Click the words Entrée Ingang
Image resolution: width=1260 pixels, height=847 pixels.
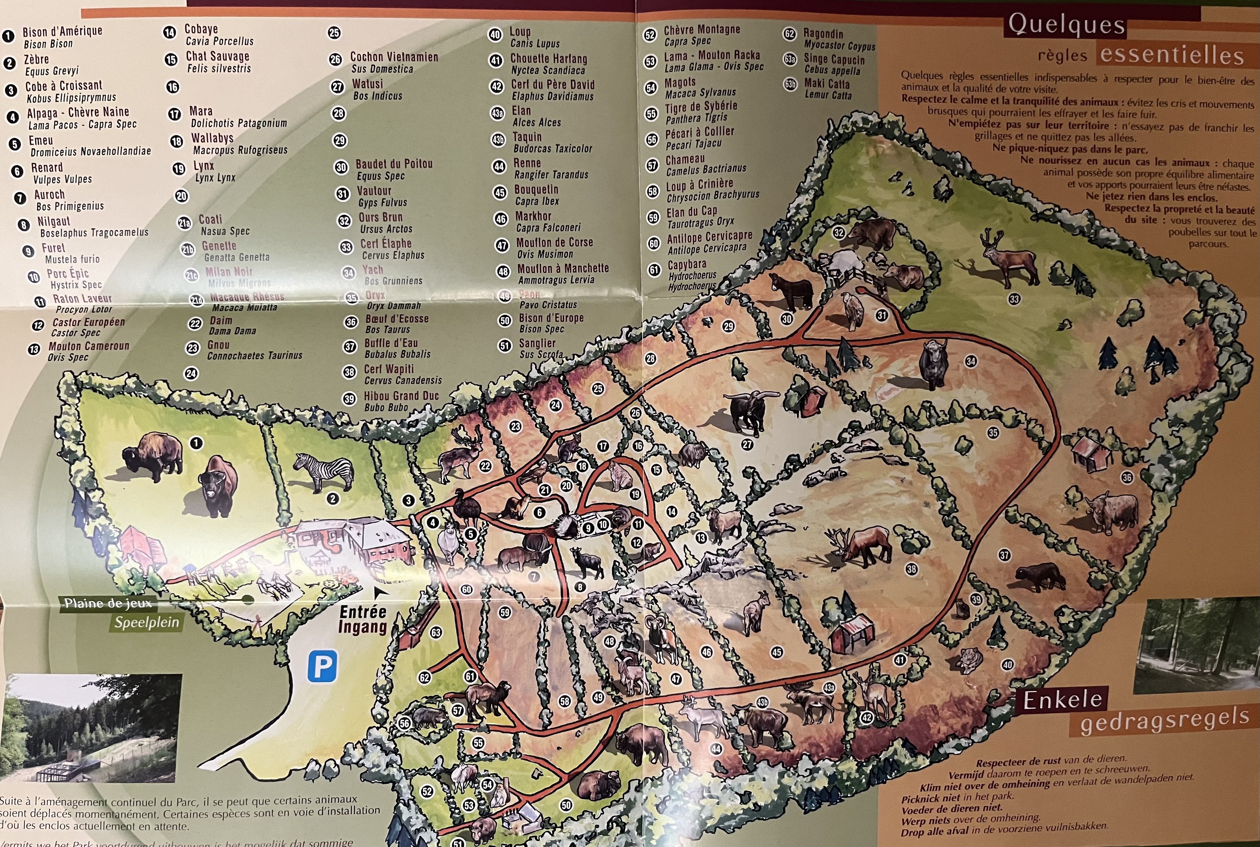[x=363, y=619]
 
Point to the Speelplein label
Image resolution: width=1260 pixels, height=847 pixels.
[x=146, y=622]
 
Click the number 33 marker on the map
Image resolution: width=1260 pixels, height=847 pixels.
[x=1014, y=299]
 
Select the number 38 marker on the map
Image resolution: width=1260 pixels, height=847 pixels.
[x=911, y=569]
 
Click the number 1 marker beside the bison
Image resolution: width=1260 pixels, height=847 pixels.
[x=196, y=443]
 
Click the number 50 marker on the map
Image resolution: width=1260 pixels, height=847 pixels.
[x=565, y=805]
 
